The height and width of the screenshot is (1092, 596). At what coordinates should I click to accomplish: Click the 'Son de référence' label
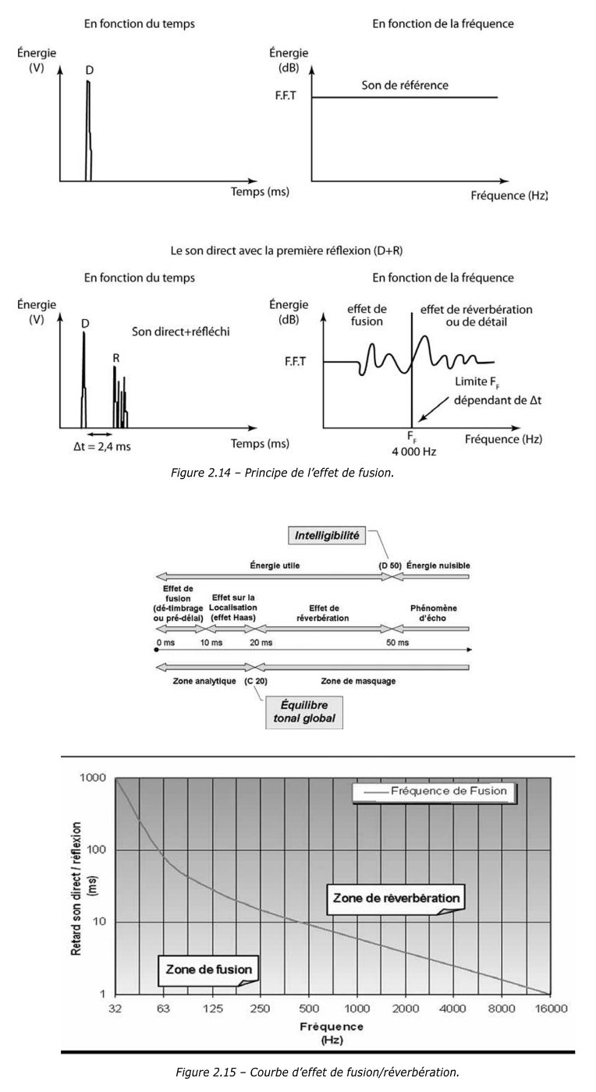click(405, 85)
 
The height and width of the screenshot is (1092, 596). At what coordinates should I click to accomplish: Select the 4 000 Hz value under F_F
click(411, 451)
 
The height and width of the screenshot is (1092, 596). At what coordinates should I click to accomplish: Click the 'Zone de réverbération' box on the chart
click(396, 897)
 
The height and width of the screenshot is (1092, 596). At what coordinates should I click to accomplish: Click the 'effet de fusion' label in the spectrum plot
click(364, 315)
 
